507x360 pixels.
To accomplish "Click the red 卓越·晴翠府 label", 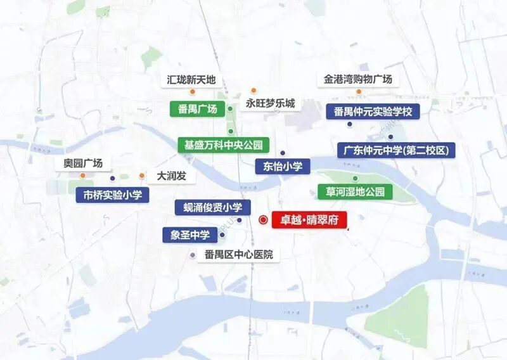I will [x=309, y=220].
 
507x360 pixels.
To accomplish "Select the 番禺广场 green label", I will [x=198, y=109].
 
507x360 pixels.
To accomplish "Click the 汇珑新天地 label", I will [x=191, y=80].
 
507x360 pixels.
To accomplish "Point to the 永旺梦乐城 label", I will [x=271, y=103].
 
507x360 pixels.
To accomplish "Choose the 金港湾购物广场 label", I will [x=358, y=79].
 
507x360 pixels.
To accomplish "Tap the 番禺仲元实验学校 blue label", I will [x=373, y=112].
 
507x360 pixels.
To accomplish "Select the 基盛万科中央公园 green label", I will [x=224, y=145].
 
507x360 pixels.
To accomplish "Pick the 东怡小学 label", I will [x=283, y=167].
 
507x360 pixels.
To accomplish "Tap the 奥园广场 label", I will [x=83, y=163].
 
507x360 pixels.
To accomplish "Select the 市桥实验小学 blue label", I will [x=113, y=195].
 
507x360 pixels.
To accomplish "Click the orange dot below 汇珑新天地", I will [x=184, y=92].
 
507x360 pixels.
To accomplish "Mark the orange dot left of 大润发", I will [x=141, y=176].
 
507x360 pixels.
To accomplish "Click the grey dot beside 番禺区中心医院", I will [x=193, y=255].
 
